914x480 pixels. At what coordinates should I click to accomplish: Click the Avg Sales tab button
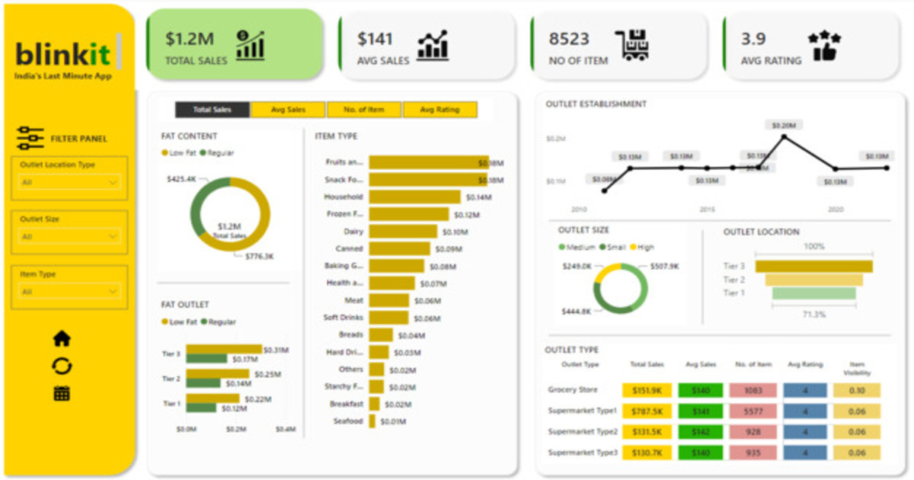click(x=288, y=110)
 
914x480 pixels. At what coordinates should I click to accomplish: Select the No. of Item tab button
click(x=364, y=110)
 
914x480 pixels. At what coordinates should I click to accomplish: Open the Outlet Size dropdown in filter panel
click(x=69, y=237)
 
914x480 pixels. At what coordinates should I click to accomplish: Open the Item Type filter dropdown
click(x=69, y=292)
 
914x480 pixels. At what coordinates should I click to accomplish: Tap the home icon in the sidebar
click(x=62, y=339)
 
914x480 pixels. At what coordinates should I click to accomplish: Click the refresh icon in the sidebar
click(x=62, y=366)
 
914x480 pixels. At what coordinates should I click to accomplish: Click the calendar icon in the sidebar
click(x=62, y=394)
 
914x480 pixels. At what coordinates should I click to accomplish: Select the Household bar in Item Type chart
click(x=415, y=197)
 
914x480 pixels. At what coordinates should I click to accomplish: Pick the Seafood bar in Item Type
click(x=372, y=421)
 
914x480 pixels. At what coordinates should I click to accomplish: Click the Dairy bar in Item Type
click(x=403, y=232)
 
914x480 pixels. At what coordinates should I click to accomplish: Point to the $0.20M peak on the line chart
click(x=784, y=137)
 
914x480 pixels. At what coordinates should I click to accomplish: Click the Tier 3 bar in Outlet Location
click(x=814, y=266)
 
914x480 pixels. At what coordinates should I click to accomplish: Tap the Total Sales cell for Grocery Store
click(x=647, y=390)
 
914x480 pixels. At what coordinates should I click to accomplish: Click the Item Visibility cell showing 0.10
click(x=856, y=390)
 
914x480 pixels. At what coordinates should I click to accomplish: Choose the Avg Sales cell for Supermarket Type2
click(x=698, y=432)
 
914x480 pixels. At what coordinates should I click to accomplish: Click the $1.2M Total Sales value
click(x=190, y=39)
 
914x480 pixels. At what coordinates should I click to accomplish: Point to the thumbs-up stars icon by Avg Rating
click(x=824, y=46)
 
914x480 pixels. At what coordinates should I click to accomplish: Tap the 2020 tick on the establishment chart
click(x=836, y=209)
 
